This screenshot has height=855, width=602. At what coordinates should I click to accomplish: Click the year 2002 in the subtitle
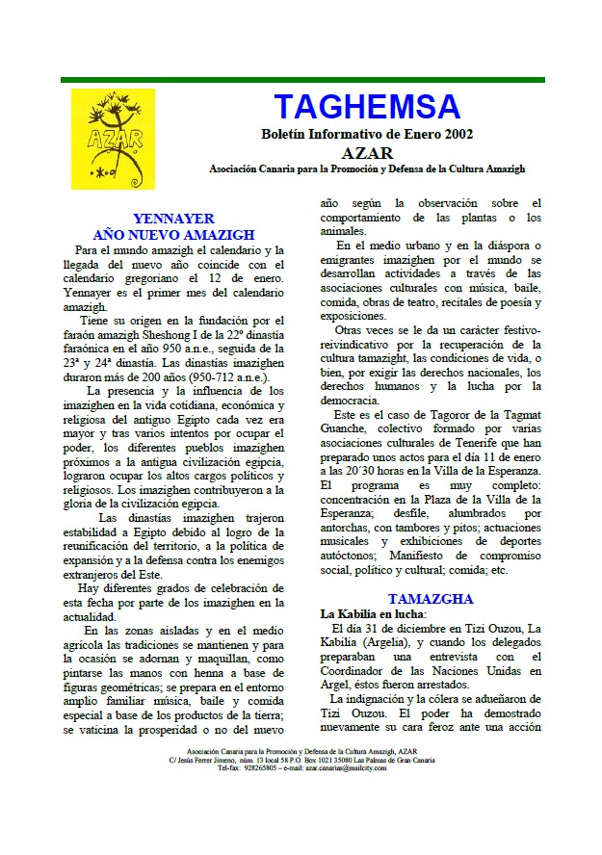[458, 134]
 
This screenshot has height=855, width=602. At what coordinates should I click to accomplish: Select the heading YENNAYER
[173, 219]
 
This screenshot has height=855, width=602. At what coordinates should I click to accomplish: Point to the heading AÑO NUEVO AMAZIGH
[173, 234]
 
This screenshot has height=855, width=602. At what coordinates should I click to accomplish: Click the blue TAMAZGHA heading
[431, 599]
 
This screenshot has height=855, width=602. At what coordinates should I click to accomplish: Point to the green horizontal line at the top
[301, 80]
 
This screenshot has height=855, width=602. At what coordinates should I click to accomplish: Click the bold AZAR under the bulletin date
[367, 152]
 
